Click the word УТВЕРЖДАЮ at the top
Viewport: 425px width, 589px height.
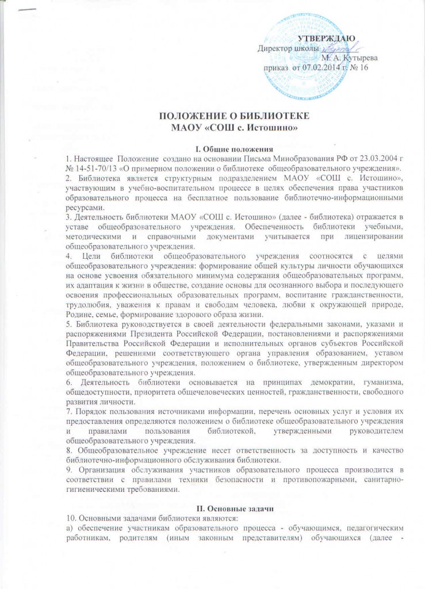click(x=326, y=39)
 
